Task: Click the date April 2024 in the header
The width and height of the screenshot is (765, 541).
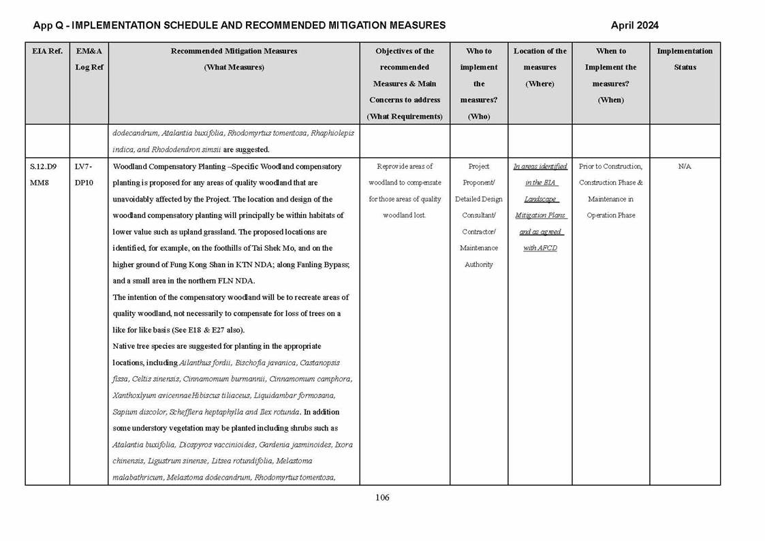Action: point(634,26)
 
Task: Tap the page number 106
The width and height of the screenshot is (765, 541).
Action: point(382,497)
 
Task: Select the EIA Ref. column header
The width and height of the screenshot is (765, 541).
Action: point(47,51)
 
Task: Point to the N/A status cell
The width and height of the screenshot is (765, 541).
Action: point(685,166)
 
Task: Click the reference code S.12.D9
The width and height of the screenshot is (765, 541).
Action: point(44,166)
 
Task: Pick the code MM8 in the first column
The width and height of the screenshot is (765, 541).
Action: point(40,183)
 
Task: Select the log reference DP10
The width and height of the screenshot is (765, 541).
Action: point(84,183)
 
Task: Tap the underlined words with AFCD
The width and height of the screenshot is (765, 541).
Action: point(540,248)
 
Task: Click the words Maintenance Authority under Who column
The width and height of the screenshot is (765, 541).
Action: point(479,256)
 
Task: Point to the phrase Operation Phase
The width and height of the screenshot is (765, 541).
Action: point(610,215)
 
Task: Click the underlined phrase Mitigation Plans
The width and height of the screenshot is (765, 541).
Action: point(540,215)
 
